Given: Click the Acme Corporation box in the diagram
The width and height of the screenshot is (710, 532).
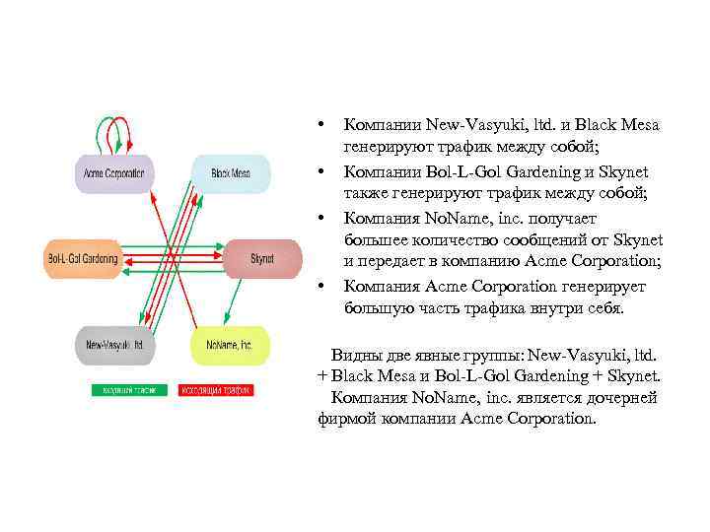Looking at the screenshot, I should click(112, 173).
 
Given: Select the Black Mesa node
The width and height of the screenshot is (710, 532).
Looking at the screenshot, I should click(230, 173).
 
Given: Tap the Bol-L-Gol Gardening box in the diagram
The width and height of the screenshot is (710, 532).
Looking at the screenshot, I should click(83, 259).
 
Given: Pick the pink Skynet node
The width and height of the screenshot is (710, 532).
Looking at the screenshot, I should click(261, 259).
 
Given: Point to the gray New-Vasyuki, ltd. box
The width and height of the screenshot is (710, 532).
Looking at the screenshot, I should click(112, 346).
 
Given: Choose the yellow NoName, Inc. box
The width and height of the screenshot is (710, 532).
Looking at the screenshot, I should click(229, 346).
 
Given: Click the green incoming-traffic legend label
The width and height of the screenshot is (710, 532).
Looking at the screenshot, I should click(128, 390).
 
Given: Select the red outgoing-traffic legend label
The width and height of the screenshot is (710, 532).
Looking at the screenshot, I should click(216, 390).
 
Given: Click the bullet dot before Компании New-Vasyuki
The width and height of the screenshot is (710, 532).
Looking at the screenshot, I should click(321, 126).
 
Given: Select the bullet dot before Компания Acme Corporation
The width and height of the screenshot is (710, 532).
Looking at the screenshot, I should click(321, 287).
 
